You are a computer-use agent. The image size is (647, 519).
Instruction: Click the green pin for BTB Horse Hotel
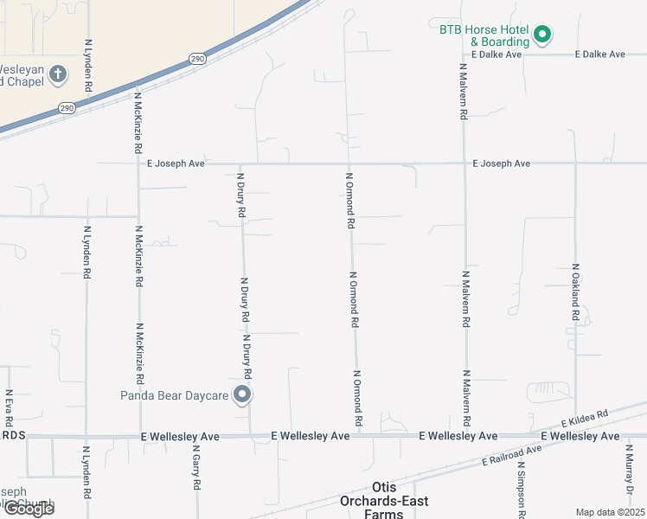[542, 35]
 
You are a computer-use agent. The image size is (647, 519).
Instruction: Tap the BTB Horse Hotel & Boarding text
[484, 35]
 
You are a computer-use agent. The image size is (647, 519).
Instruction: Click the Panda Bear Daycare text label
[174, 396]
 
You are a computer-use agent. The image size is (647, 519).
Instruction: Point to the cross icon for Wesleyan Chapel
[58, 74]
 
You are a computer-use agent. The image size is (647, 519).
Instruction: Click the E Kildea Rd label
[586, 420]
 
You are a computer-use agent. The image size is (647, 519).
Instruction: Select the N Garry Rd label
[196, 467]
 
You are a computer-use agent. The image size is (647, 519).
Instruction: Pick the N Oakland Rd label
[574, 292]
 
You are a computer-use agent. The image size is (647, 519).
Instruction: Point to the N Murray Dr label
[631, 476]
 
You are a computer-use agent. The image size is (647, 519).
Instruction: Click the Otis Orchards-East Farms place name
[388, 501]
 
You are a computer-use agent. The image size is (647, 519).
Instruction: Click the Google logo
[28, 509]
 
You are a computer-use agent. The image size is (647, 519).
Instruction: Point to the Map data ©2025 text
[611, 512]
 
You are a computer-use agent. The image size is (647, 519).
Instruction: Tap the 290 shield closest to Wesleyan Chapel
[67, 108]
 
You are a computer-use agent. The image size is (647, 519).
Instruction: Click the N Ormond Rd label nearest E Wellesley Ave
[356, 399]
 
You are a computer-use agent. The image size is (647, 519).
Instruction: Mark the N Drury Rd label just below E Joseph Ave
[242, 195]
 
